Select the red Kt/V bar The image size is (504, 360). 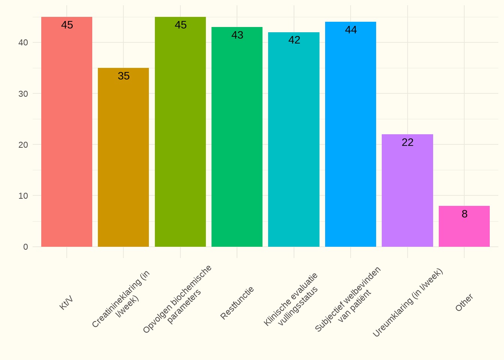67,132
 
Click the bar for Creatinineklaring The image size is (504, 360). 123,157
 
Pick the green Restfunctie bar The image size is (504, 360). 237,137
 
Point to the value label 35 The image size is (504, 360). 124,76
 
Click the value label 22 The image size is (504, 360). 408,142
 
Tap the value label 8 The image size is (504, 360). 465,214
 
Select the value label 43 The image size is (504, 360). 237,35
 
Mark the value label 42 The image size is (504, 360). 294,40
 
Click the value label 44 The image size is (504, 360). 351,30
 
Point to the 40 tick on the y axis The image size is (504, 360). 23,42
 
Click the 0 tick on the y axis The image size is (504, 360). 25,247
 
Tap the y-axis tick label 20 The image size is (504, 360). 23,145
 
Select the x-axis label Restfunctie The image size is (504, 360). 237,303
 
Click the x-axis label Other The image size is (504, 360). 464,303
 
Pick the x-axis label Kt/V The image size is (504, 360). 66,303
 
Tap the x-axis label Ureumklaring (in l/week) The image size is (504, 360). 408,303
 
